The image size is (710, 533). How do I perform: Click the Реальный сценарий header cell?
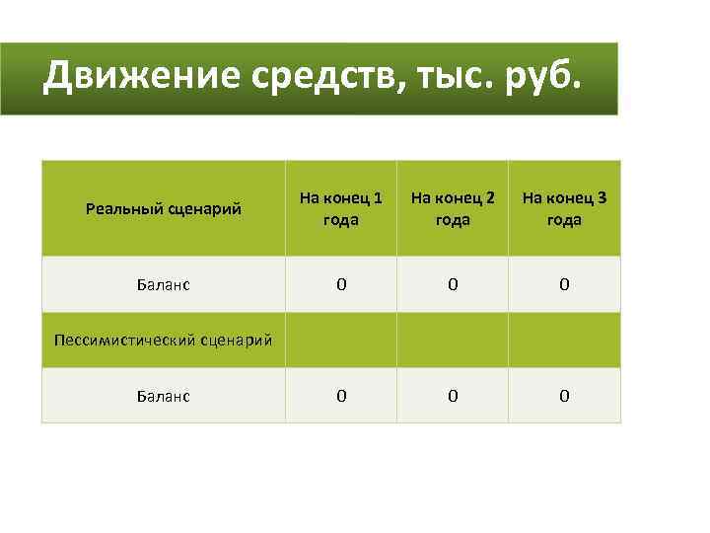pyautogui.click(x=163, y=208)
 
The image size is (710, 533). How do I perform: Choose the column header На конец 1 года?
pyautogui.click(x=341, y=208)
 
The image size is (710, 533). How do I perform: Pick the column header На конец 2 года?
pyautogui.click(x=453, y=208)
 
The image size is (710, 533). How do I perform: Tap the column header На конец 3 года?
pyautogui.click(x=564, y=208)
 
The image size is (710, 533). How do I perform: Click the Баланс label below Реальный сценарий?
pyautogui.click(x=164, y=285)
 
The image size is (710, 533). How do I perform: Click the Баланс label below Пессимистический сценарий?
pyautogui.click(x=164, y=396)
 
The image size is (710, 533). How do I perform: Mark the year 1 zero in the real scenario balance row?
pyautogui.click(x=341, y=285)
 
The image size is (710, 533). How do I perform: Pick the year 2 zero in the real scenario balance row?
pyautogui.click(x=453, y=285)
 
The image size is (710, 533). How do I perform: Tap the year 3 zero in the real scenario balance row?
pyautogui.click(x=564, y=285)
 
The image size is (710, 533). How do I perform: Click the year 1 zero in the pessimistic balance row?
pyautogui.click(x=341, y=396)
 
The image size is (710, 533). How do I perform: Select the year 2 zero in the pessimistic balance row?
pyautogui.click(x=453, y=396)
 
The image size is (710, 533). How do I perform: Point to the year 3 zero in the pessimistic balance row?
pyautogui.click(x=564, y=396)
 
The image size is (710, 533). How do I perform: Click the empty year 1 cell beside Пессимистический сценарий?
pyautogui.click(x=341, y=341)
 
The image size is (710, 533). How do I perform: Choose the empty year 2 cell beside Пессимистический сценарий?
pyautogui.click(x=453, y=341)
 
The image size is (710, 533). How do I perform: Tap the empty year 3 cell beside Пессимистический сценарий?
pyautogui.click(x=564, y=341)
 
